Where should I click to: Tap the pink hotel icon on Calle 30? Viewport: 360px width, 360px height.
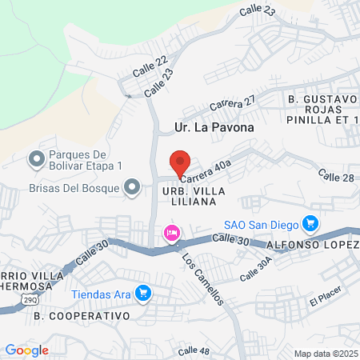170,234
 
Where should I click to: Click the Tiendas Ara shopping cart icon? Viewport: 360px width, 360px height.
143,294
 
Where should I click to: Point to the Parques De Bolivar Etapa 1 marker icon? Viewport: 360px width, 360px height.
36,160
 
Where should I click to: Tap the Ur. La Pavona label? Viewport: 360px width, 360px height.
214,127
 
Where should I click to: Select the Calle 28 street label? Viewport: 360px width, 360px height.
335,174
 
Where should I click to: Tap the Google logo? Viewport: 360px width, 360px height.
27,350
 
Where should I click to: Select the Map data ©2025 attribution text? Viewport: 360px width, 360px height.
323,354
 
